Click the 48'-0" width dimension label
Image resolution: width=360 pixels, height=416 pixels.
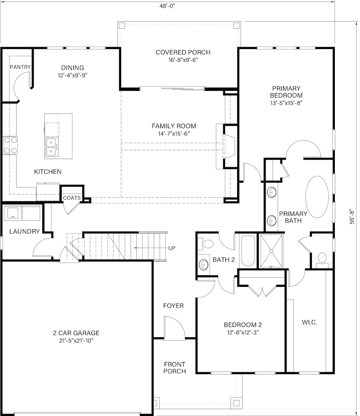(x=167, y=6)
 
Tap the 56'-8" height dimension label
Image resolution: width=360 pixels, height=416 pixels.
(x=352, y=216)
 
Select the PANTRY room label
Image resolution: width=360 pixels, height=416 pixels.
(x=20, y=67)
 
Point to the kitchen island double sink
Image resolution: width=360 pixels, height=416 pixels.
(x=52, y=147)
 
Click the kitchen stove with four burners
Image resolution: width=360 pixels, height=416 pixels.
(x=10, y=145)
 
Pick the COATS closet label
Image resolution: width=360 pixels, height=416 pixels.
(x=72, y=198)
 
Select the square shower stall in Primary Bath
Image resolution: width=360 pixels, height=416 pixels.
(x=271, y=251)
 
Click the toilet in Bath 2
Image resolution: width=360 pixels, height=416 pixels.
(x=206, y=244)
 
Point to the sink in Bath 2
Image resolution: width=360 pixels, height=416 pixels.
(x=204, y=264)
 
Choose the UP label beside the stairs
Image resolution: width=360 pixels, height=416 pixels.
(x=172, y=248)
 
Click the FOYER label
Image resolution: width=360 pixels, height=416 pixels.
(x=173, y=306)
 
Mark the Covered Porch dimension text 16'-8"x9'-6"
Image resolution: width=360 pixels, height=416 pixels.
(x=183, y=60)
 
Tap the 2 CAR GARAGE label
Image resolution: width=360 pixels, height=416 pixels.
(x=76, y=333)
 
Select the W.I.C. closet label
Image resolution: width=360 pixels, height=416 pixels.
(x=309, y=322)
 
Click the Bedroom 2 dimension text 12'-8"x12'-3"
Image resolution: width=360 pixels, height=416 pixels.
(x=243, y=332)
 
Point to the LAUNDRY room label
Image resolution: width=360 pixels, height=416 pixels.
(x=24, y=231)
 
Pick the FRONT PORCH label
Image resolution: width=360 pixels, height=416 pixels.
(x=175, y=368)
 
